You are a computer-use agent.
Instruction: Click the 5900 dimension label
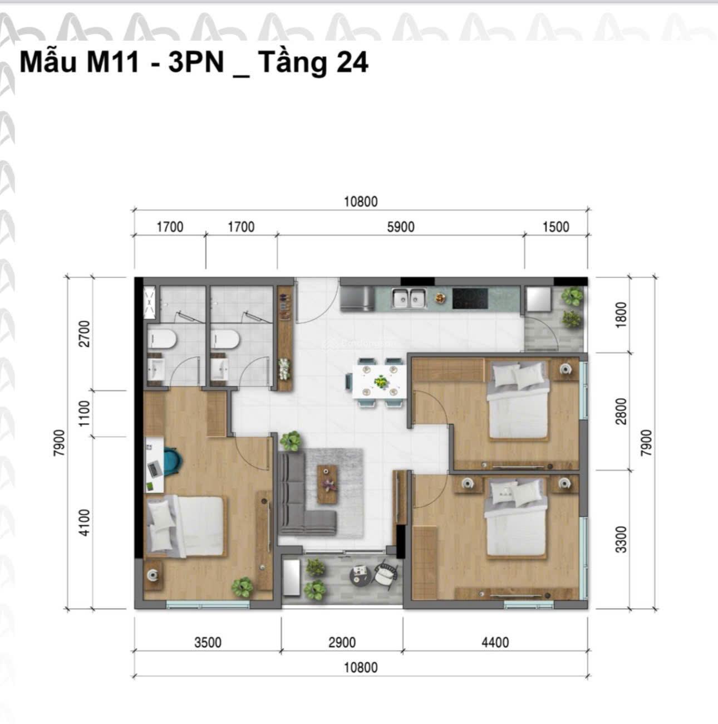(401, 227)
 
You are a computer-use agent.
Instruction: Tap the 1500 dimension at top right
(556, 227)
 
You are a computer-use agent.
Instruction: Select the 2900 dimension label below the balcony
(342, 643)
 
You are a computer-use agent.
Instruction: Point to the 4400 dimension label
(495, 643)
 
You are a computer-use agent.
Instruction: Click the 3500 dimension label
(208, 643)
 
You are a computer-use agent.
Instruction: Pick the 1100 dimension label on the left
(85, 414)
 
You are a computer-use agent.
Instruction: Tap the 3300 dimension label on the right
(622, 540)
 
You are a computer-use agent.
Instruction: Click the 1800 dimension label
(622, 315)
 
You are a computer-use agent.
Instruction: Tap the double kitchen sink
(409, 298)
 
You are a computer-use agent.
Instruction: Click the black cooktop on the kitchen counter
(470, 299)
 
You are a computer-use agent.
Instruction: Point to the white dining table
(380, 381)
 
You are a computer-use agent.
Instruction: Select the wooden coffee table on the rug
(328, 485)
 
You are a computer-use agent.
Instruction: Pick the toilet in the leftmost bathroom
(162, 340)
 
